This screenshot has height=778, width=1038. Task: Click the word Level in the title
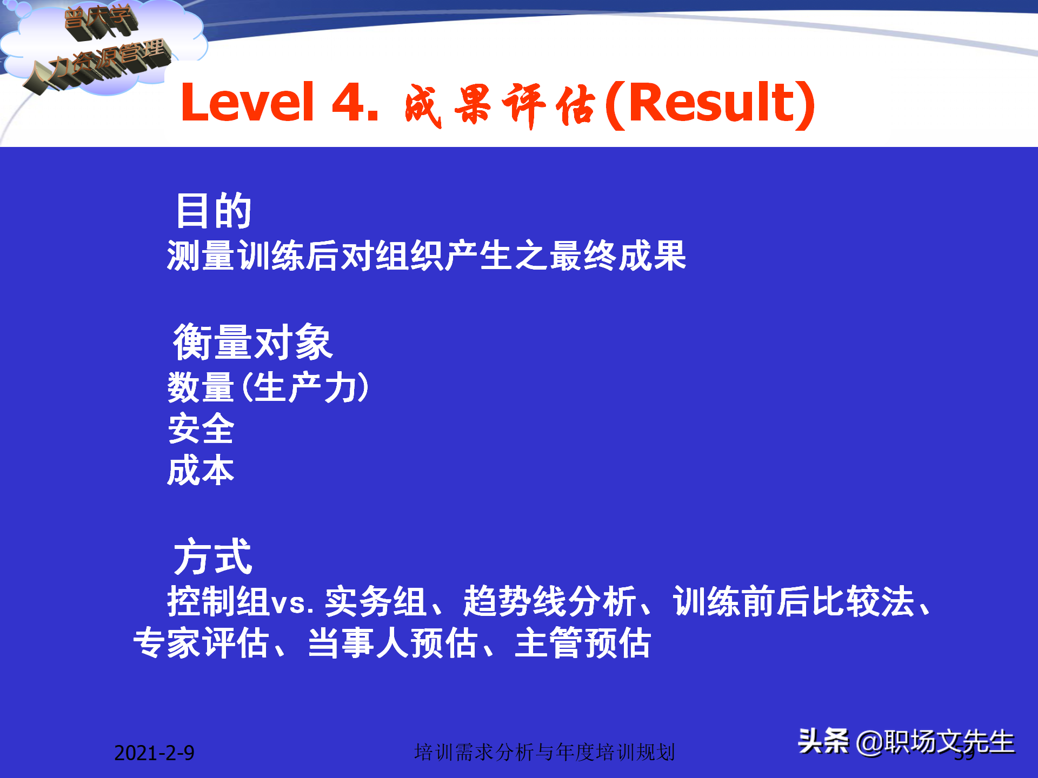[247, 103]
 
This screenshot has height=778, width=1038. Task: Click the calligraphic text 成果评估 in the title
[500, 105]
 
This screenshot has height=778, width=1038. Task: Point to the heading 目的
[214, 211]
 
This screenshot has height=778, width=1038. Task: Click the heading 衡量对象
[252, 342]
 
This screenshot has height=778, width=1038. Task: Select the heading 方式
[212, 557]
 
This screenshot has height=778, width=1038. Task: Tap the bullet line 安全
[201, 429]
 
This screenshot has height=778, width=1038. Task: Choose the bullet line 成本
[201, 471]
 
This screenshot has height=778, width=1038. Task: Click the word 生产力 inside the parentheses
[306, 387]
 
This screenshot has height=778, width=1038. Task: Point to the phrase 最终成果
[618, 256]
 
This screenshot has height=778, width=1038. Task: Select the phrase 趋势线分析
[549, 601]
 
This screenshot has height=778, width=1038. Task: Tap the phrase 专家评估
[201, 643]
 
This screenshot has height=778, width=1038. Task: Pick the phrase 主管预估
[583, 643]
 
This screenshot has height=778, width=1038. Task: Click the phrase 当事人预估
[392, 643]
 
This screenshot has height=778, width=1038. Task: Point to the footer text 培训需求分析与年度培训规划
[544, 752]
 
